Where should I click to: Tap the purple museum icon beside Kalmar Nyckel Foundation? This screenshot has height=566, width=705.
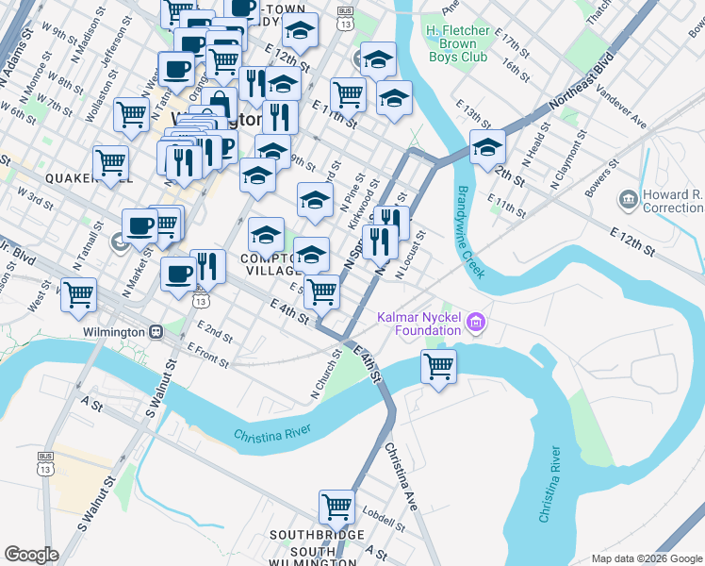click(x=476, y=325)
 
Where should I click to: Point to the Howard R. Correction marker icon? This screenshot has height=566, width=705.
click(x=628, y=200)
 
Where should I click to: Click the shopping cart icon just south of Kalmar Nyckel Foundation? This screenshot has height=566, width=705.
click(x=439, y=365)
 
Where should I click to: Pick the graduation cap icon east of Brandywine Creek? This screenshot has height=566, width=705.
click(x=488, y=147)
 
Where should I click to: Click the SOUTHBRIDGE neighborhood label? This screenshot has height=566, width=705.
click(x=316, y=535)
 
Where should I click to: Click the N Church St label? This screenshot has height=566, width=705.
click(x=324, y=374)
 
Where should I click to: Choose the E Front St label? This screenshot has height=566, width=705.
click(x=207, y=351)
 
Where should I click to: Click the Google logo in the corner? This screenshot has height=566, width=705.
click(x=32, y=555)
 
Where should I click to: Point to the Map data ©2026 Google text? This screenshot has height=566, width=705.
click(x=646, y=558)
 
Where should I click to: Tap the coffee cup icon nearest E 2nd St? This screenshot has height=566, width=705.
click(x=177, y=274)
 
